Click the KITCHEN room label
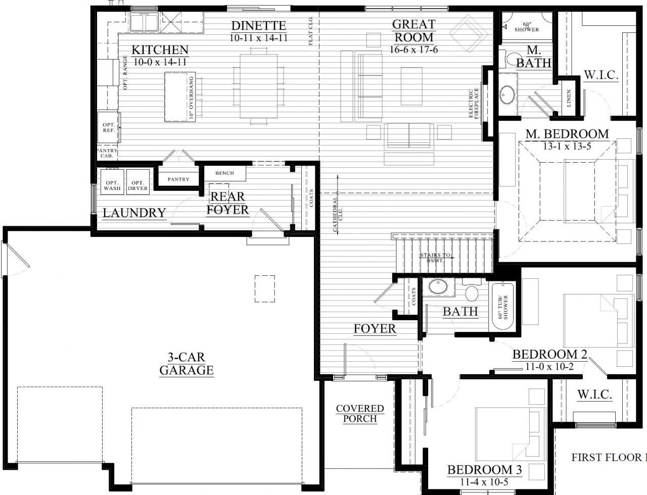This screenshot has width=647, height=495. [160, 49]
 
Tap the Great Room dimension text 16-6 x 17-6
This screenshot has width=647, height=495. [414, 49]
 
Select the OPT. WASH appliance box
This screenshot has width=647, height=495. [112, 182]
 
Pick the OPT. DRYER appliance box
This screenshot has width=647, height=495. [137, 182]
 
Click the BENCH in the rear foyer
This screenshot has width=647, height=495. [225, 173]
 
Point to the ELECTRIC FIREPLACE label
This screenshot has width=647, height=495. [474, 103]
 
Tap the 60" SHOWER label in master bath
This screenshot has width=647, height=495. [526, 26]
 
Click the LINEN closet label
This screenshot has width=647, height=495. [569, 98]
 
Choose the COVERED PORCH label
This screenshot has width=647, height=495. [360, 414]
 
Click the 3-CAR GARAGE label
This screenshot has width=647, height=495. [187, 364]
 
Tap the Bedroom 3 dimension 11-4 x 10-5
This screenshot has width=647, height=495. [484, 481]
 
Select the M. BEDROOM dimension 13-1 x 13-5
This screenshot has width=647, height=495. [567, 146]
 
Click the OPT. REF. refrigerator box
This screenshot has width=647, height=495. [109, 128]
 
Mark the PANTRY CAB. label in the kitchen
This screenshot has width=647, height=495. [107, 153]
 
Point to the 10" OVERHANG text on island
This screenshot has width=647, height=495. [191, 98]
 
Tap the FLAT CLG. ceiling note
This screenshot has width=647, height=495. [310, 31]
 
